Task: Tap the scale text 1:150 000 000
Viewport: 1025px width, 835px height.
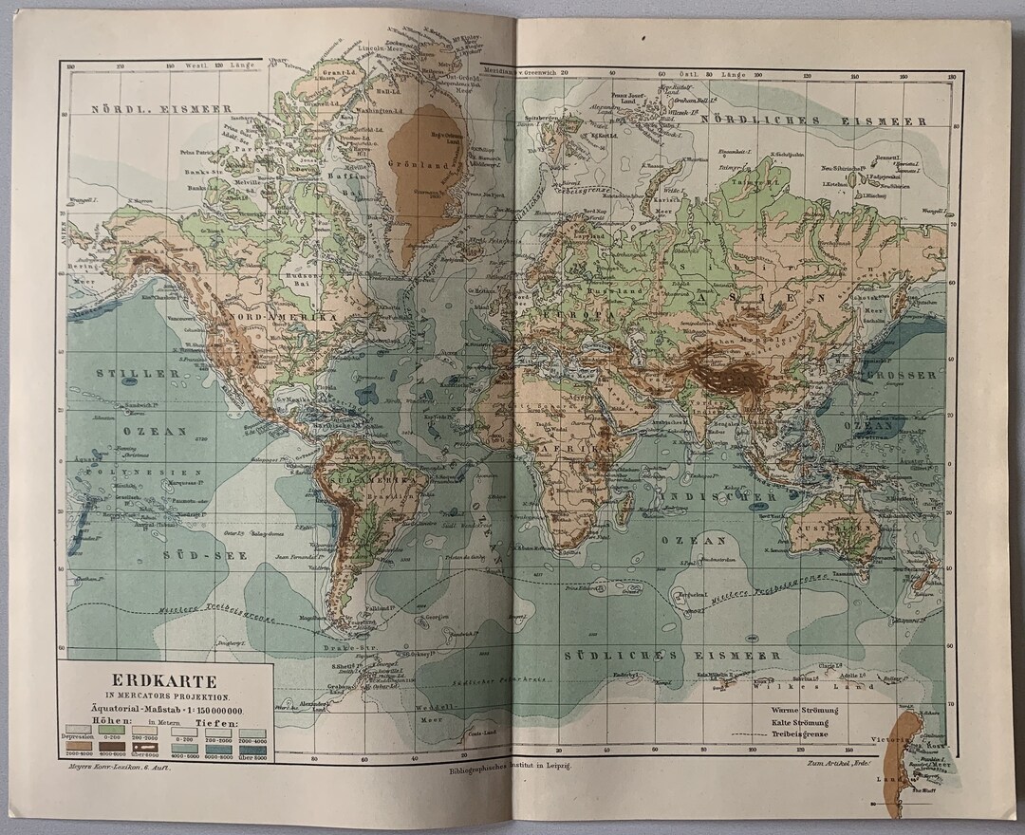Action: pyautogui.click(x=202, y=711)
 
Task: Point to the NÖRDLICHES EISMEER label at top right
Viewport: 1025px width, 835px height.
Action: pyautogui.click(x=811, y=121)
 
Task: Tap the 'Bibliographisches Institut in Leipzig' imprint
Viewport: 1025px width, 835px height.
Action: pyautogui.click(x=513, y=770)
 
